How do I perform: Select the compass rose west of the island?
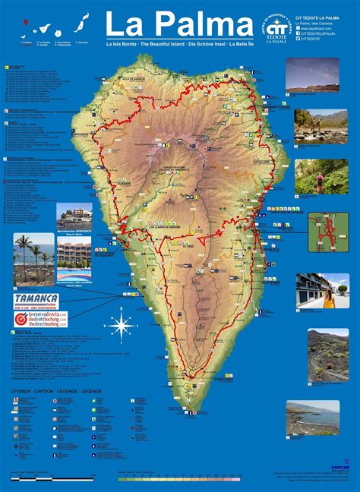(121, 326)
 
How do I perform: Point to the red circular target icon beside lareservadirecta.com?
(20, 319)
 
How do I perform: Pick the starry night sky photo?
(312, 75)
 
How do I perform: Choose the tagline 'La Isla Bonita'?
(122, 45)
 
